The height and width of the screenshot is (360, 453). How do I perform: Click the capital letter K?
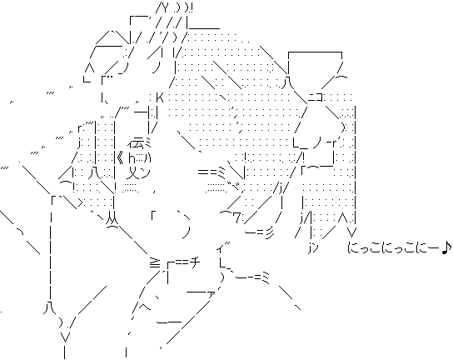click(x=160, y=97)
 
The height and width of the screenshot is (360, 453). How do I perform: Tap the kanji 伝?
click(x=137, y=142)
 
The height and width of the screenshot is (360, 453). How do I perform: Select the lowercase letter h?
click(x=131, y=158)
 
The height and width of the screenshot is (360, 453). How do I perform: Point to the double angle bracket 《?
click(x=121, y=158)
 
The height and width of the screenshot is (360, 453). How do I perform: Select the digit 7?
click(x=236, y=218)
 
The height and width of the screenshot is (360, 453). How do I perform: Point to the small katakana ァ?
click(x=212, y=294)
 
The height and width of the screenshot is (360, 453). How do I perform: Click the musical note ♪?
click(x=446, y=247)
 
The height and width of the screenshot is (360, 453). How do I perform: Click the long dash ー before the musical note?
click(x=434, y=247)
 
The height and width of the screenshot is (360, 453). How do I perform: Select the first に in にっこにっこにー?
click(x=353, y=247)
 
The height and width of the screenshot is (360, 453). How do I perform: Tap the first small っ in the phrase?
click(x=364, y=249)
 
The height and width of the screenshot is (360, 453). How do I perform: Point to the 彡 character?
click(x=267, y=231)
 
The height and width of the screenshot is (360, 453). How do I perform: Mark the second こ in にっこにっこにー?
click(x=411, y=247)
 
